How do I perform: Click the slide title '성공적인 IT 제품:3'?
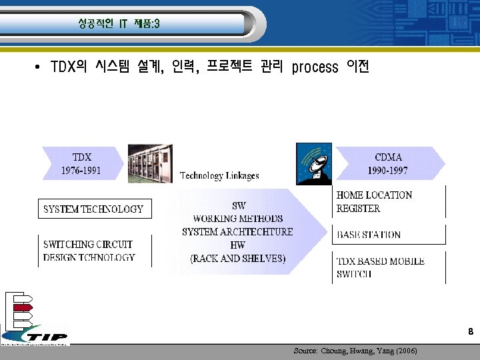pos(118,24)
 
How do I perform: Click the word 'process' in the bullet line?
pos(315,67)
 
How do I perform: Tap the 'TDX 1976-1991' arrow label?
pos(81,163)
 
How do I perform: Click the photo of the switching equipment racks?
pos(150,163)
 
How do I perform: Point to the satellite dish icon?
pos(313,164)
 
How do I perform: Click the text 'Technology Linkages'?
pos(219,176)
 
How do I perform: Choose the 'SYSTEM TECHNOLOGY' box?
pos(93,209)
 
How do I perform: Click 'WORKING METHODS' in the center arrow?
pos(237,219)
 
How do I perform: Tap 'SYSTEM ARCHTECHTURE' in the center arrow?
pos(237,232)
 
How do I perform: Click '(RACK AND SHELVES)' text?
pos(237,259)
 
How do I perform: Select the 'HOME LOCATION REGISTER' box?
pos(375,201)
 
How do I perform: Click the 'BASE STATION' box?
pos(369,235)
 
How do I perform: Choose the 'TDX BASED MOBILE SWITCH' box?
pos(380,267)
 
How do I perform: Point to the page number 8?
pos(471,332)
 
